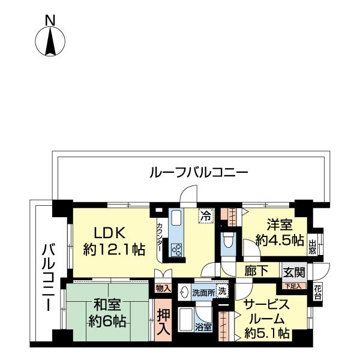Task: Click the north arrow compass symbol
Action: pyautogui.click(x=50, y=41)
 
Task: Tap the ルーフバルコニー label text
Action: pyautogui.click(x=198, y=173)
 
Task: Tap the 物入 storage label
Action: pyautogui.click(x=163, y=289)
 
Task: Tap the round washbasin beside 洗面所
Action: pyautogui.click(x=185, y=293)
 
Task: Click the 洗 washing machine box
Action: pyautogui.click(x=222, y=292)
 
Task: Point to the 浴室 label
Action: pyautogui.click(x=203, y=327)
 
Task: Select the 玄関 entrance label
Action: pyautogui.click(x=294, y=272)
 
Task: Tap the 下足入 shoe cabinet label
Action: pyautogui.click(x=293, y=286)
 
